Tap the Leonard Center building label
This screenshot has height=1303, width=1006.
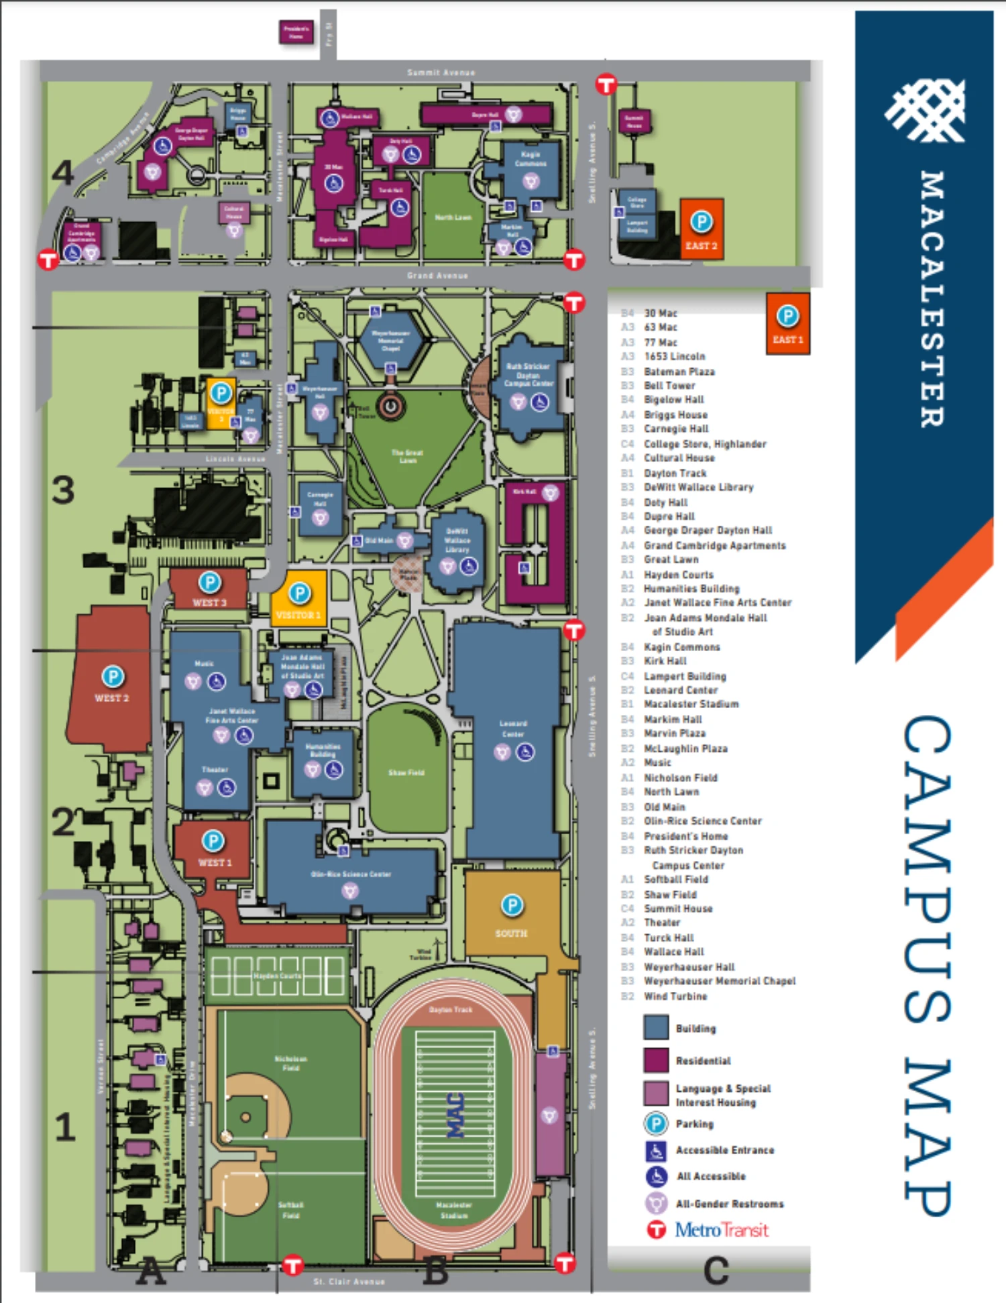(x=513, y=728)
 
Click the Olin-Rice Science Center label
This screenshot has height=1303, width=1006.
(x=351, y=874)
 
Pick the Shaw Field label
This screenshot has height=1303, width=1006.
(x=406, y=773)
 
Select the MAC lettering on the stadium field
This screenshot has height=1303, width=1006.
(x=456, y=1115)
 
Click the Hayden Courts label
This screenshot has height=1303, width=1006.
(x=277, y=976)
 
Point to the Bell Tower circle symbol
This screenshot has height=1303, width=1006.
(x=390, y=406)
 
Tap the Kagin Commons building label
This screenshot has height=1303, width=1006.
(x=530, y=159)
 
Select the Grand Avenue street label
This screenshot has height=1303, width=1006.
(x=437, y=276)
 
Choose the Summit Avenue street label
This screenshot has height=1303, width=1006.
(x=441, y=72)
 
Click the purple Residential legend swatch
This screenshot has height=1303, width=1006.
(x=656, y=1060)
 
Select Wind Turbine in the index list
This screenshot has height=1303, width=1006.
(x=675, y=997)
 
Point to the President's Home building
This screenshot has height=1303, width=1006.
(x=296, y=32)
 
